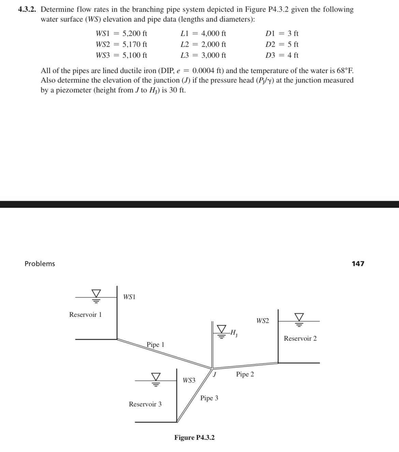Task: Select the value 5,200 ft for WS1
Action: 135,34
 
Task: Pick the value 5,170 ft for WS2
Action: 135,44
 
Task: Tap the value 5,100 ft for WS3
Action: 135,55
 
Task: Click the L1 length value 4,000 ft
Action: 214,34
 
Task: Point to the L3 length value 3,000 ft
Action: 214,55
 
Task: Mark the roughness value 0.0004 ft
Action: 208,71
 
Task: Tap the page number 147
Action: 358,264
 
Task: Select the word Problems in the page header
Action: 40,264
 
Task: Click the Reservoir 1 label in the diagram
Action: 85,314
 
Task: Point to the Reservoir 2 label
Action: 300,338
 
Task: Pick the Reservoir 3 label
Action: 145,404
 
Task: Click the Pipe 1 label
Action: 156,344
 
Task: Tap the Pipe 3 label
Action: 209,398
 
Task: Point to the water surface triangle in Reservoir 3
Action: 156,377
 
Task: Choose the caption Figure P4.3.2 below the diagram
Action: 194,437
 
